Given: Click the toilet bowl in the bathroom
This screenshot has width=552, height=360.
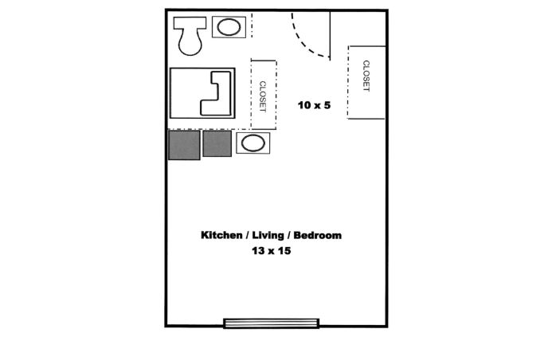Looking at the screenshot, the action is [x=190, y=41].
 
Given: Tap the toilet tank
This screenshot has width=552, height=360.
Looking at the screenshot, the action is [x=190, y=22].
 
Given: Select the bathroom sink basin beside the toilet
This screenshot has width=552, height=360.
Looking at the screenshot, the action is [x=229, y=27].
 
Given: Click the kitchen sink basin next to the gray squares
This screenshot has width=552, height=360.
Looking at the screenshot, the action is [x=253, y=143].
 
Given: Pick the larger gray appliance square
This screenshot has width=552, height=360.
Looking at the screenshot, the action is [x=184, y=145].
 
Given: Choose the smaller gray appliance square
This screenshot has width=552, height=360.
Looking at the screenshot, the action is [x=217, y=143].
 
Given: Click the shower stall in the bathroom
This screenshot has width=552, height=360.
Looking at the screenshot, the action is [x=202, y=93].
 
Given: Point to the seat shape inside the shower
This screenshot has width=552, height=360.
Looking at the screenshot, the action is [x=216, y=93].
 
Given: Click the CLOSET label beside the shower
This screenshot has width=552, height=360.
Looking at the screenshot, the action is [x=263, y=96].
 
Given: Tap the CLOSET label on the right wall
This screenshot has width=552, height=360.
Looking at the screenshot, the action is [x=366, y=76].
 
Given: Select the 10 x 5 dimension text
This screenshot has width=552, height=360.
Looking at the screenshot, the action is [x=314, y=105].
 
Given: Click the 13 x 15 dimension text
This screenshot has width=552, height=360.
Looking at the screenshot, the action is [x=271, y=251].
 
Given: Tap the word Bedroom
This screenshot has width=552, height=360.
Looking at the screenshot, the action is [x=318, y=235].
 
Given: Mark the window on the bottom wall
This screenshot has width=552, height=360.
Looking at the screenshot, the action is [x=272, y=323].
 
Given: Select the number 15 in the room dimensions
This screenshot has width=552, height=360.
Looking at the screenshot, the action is [x=284, y=251].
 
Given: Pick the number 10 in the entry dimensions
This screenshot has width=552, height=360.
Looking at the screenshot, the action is [x=303, y=105].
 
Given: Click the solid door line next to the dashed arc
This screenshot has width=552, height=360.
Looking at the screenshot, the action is [x=330, y=36].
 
